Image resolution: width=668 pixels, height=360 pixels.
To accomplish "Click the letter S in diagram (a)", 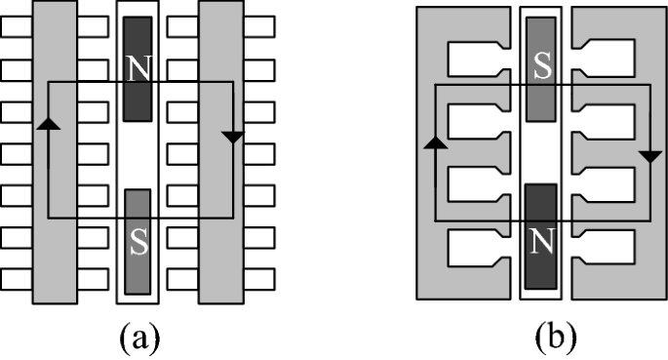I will click(138, 244).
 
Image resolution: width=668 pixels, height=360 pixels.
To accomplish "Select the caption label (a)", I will click(138, 337).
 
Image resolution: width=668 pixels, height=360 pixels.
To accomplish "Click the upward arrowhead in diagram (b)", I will click(434, 142).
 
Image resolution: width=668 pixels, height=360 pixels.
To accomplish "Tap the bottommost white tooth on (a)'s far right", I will click(261, 280).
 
